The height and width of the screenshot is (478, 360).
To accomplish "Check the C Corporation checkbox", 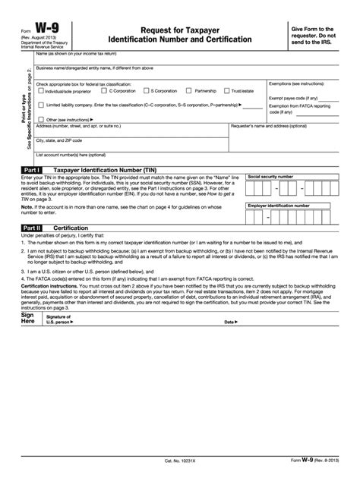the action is click(104, 91).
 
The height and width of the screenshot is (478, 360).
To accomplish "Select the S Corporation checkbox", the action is click(146, 91).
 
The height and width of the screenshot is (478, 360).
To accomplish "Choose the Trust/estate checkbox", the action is click(228, 91).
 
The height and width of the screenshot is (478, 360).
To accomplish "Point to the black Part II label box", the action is click(33, 227).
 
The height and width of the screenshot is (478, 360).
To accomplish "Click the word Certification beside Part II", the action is click(71, 227).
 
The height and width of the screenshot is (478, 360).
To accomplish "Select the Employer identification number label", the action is click(279, 205).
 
